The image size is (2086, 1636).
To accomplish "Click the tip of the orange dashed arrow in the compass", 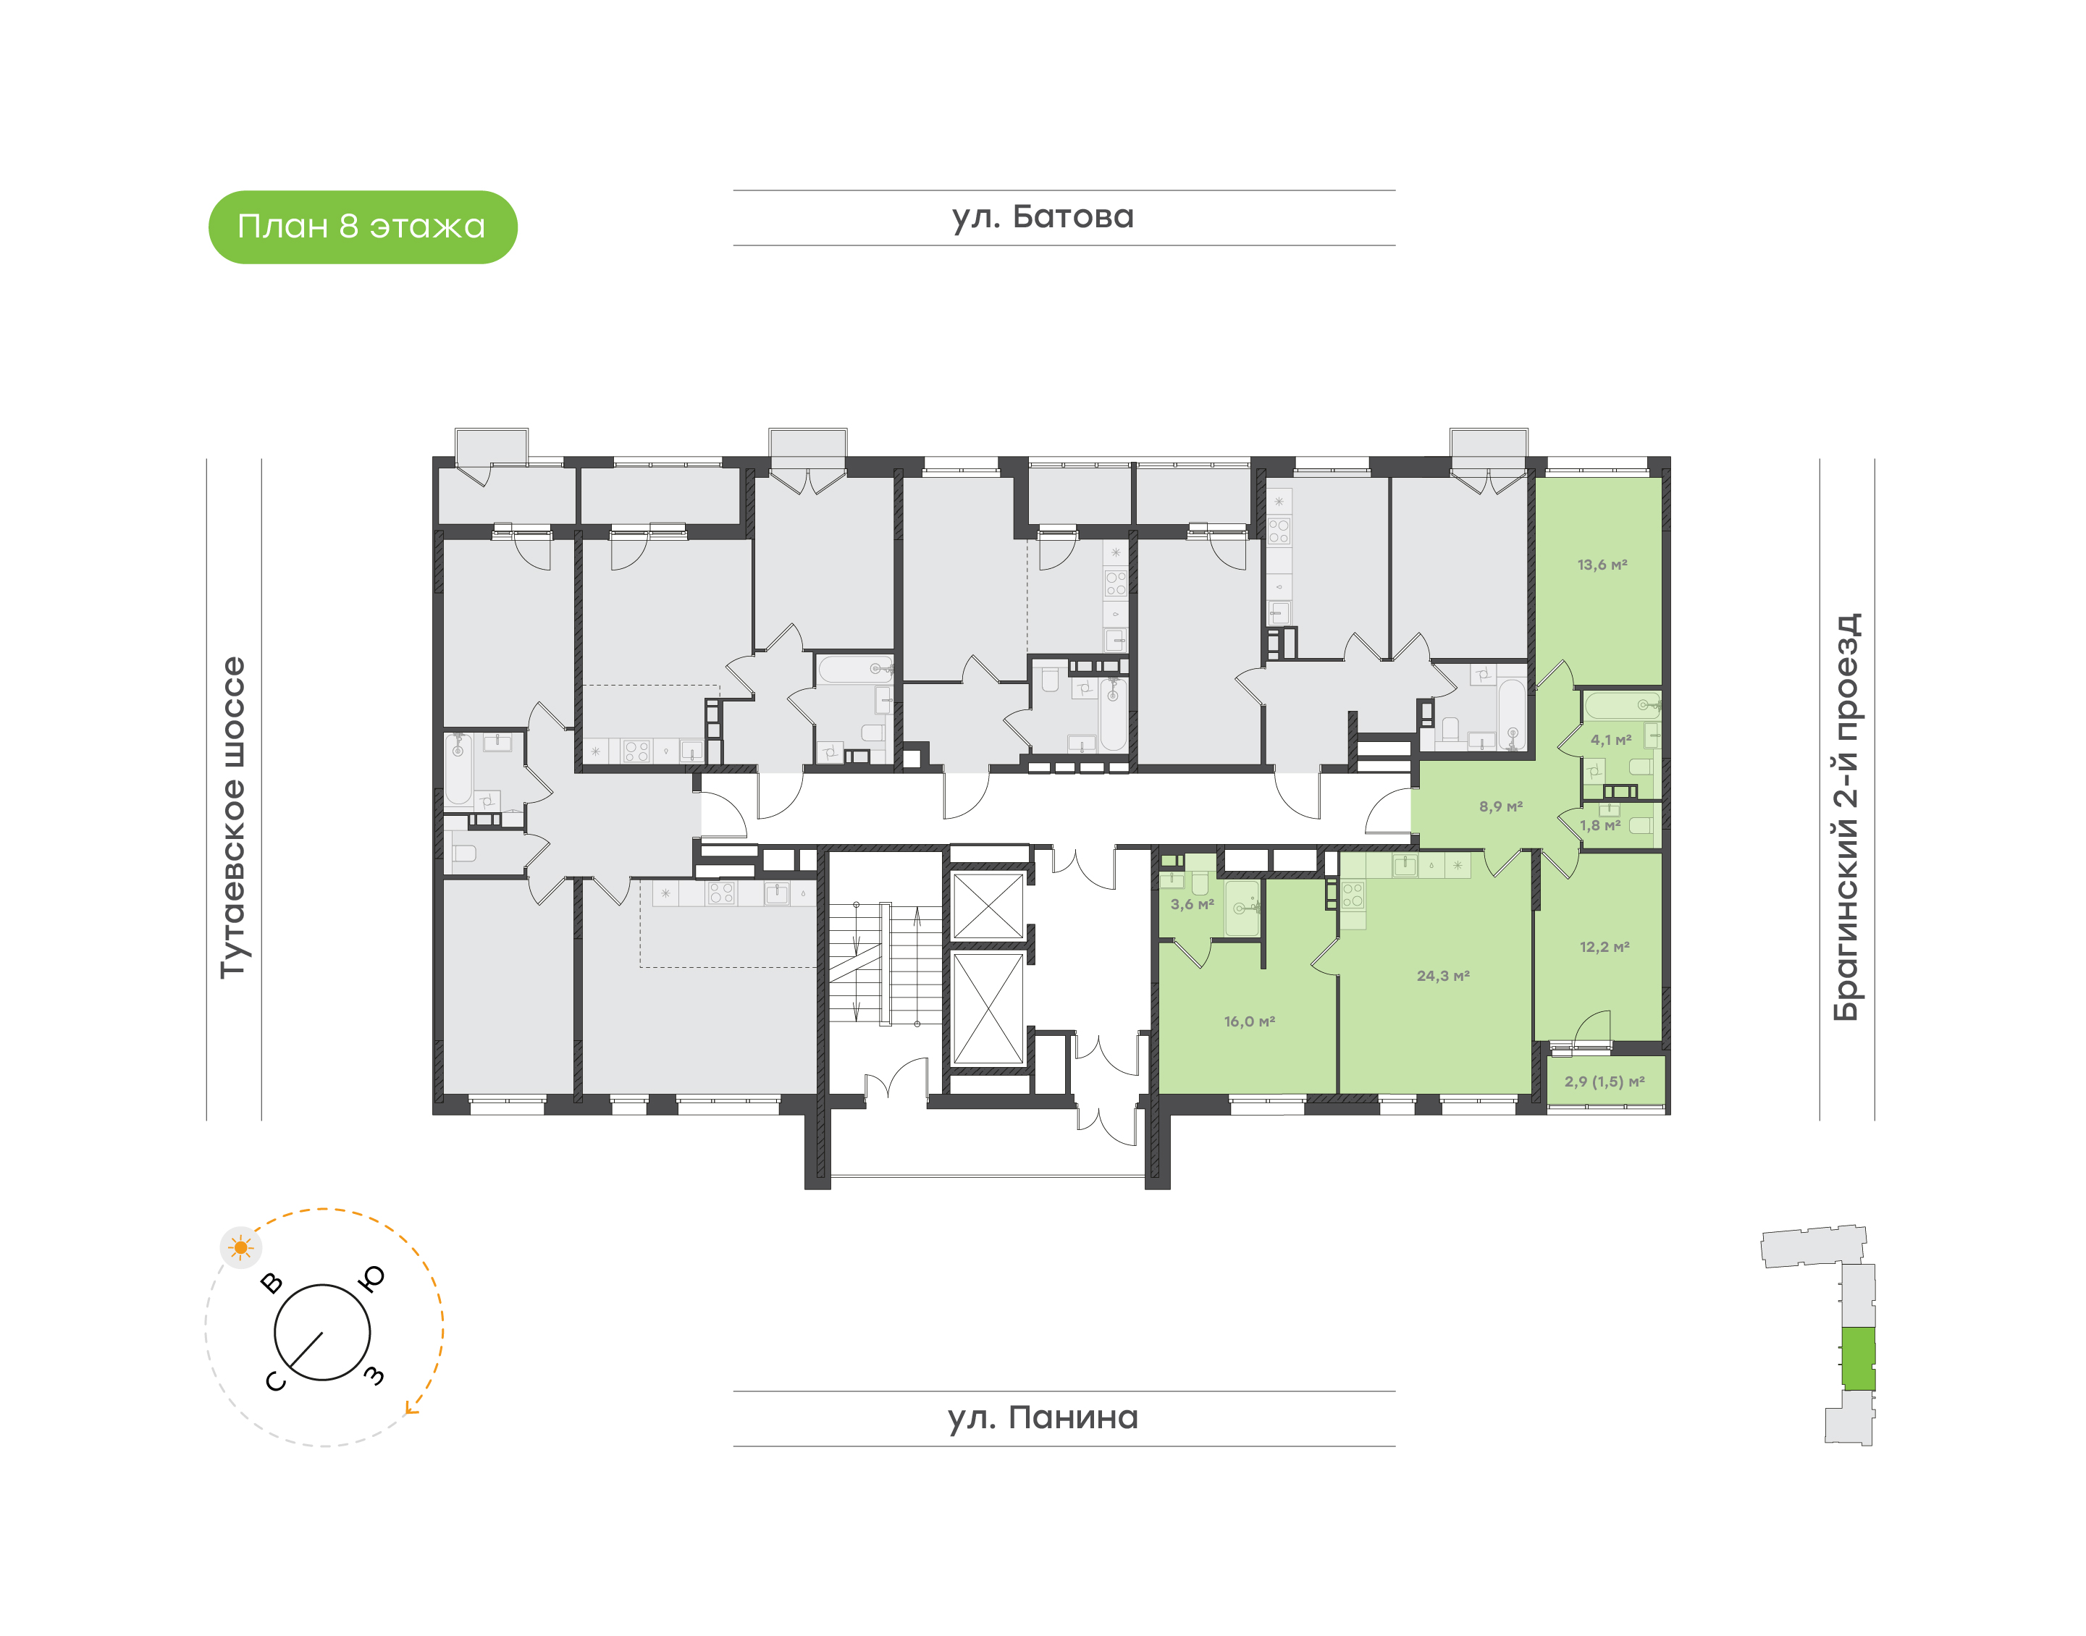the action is (x=407, y=1412).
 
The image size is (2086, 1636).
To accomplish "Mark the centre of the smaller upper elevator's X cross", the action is (x=989, y=905).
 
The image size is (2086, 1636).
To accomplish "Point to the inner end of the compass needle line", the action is (x=322, y=1333).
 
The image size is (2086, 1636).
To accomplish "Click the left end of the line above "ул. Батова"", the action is (x=734, y=190).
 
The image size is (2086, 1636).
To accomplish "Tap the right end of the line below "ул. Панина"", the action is (x=1395, y=1446).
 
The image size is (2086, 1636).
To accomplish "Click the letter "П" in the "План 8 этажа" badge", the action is (x=248, y=227).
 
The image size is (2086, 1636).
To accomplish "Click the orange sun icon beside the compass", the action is (x=240, y=1248).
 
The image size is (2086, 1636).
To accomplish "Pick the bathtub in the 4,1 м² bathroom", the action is (x=1621, y=705).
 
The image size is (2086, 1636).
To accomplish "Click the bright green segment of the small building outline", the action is (x=1859, y=1358).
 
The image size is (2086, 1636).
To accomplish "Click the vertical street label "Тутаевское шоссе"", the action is (x=233, y=817).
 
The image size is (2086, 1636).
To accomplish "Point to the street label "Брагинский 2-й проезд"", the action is (x=1846, y=817).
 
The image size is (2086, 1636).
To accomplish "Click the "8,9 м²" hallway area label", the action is (x=1500, y=806).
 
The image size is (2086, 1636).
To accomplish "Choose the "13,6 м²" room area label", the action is (x=1602, y=565).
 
